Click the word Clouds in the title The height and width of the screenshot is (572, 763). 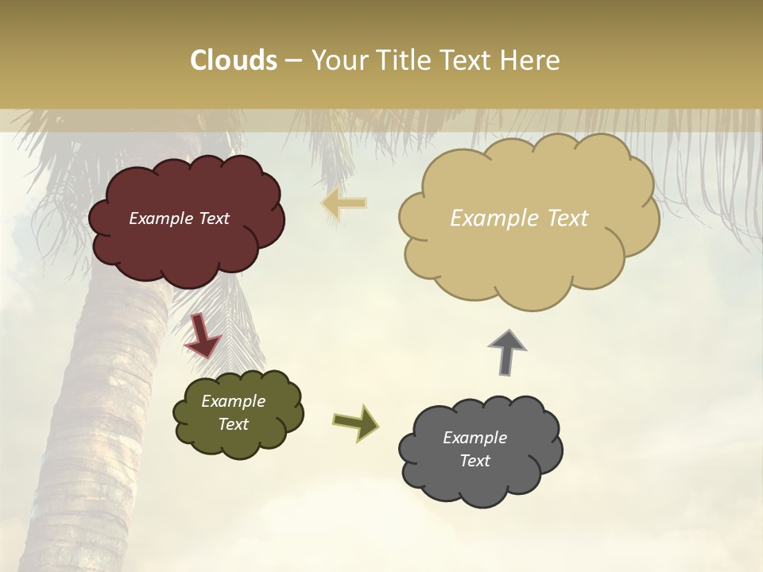[233, 60]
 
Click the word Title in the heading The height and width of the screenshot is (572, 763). [402, 60]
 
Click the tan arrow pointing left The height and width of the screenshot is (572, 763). [344, 203]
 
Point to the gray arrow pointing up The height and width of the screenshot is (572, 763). [507, 351]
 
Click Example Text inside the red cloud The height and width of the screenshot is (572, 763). [179, 218]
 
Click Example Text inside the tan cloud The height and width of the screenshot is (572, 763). [519, 218]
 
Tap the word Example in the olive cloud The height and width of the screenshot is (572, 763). [233, 401]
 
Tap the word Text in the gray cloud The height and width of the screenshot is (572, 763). [474, 461]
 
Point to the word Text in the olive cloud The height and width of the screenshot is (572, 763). [233, 424]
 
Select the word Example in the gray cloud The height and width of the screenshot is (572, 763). [474, 438]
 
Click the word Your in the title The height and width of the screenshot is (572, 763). [337, 60]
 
